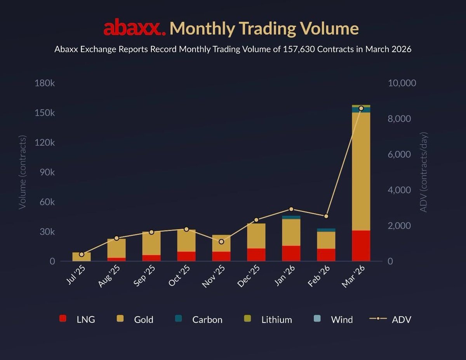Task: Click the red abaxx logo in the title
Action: pyautogui.click(x=134, y=28)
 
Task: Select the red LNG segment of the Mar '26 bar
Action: pyautogui.click(x=361, y=246)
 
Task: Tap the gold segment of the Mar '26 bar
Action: pyautogui.click(x=361, y=171)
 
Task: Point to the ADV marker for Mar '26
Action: pyautogui.click(x=361, y=108)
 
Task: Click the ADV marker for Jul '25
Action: pyautogui.click(x=82, y=254)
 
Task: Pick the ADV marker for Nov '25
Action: pyautogui.click(x=221, y=242)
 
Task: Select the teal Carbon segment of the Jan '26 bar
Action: pyautogui.click(x=291, y=217)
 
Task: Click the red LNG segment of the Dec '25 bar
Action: pyautogui.click(x=256, y=254)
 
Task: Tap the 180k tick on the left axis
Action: pyautogui.click(x=45, y=83)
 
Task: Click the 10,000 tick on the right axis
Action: pyautogui.click(x=402, y=83)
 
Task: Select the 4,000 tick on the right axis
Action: pyautogui.click(x=399, y=190)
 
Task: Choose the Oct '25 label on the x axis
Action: pyautogui.click(x=179, y=276)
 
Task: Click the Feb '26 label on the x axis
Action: pyautogui.click(x=319, y=276)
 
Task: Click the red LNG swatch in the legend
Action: pyautogui.click(x=63, y=319)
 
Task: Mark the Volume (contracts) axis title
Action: pyautogui.click(x=23, y=172)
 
